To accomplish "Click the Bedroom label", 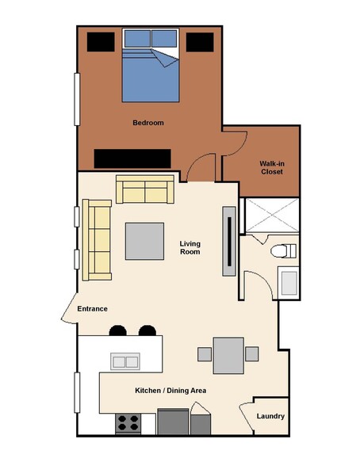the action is click(x=148, y=123).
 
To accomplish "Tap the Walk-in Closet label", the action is click(x=272, y=168).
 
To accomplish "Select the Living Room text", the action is click(x=190, y=248).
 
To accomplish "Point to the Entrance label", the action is click(x=93, y=309).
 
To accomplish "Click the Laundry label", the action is click(x=270, y=416).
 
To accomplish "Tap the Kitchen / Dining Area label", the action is click(x=170, y=391).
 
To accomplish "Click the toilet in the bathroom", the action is click(x=283, y=251).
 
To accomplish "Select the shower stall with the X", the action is click(x=272, y=216).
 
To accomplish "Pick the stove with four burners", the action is click(x=128, y=423).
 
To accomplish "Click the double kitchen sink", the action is click(x=125, y=361).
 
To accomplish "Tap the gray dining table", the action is click(x=228, y=355).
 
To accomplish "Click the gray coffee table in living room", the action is click(x=144, y=241).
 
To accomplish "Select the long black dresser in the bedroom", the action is click(x=132, y=159).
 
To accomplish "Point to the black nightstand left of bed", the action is click(x=101, y=42).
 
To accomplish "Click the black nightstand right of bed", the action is click(x=200, y=42).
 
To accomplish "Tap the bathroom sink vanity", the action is click(x=289, y=283).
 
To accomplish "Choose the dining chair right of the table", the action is click(x=252, y=354).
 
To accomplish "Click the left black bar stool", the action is click(x=117, y=330).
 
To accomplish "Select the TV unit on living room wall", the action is click(x=229, y=241).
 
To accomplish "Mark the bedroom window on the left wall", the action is click(x=77, y=99).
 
